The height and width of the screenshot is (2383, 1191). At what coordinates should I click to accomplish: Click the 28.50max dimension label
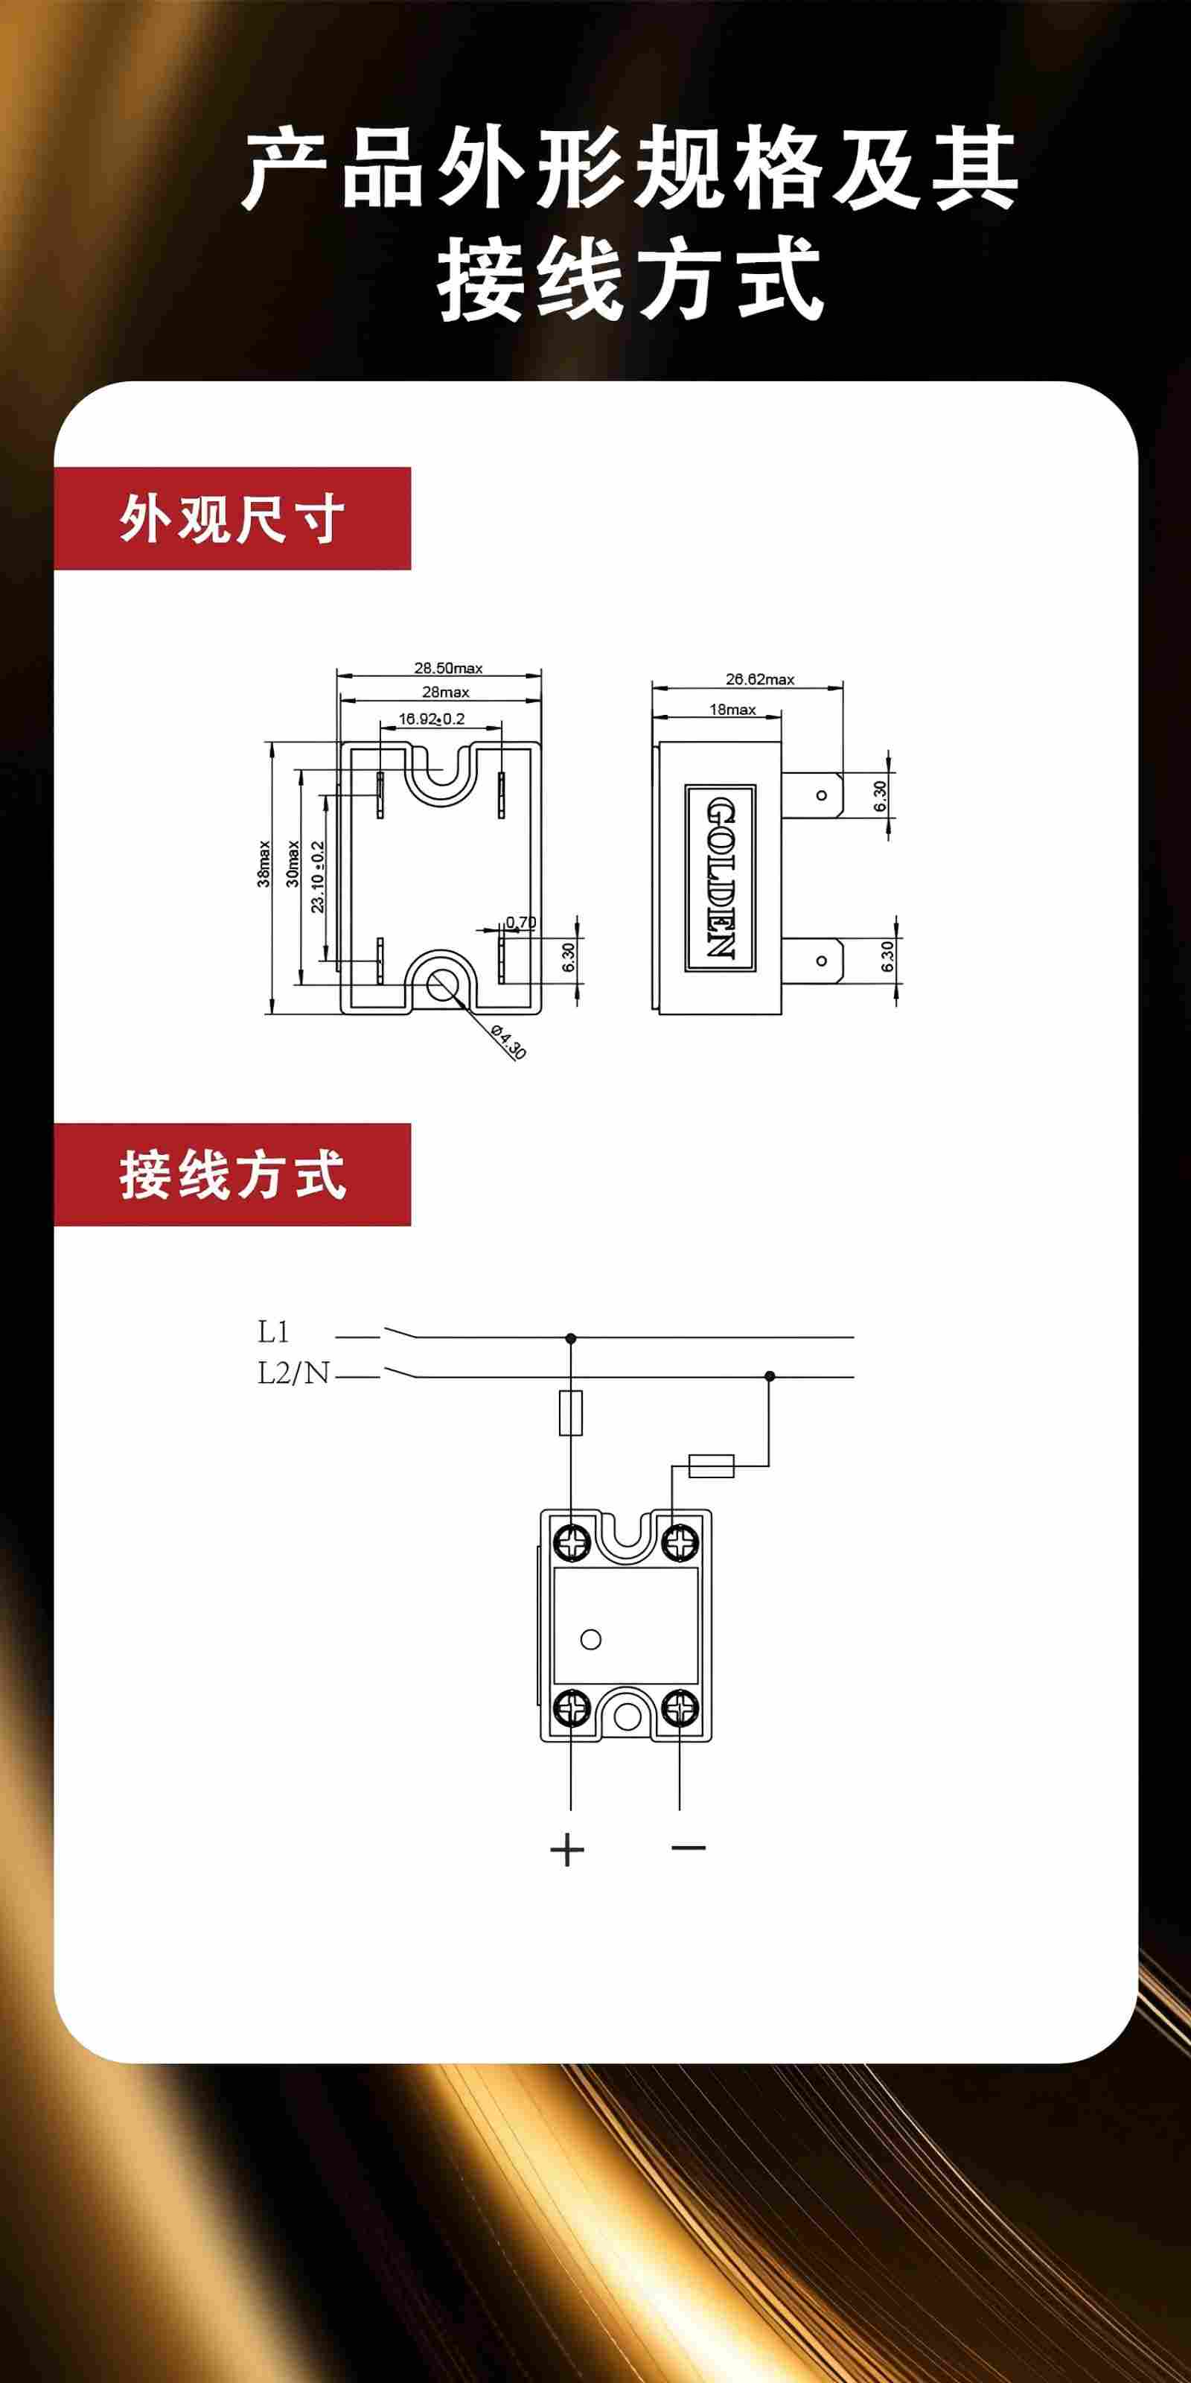coord(447,668)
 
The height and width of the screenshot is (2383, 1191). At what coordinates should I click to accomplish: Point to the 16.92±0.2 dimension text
coord(432,719)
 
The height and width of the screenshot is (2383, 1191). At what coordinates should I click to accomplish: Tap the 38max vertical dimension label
coord(264,864)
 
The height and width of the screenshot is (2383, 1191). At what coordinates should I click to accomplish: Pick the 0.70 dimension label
coord(520,923)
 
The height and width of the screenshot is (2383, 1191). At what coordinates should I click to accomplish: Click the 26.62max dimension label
coord(759,679)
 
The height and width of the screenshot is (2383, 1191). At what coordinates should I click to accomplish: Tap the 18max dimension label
coord(732,710)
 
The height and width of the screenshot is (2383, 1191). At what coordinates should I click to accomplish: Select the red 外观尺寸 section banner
coord(232,519)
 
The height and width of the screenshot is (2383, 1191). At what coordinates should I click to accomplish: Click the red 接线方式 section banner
coord(232,1175)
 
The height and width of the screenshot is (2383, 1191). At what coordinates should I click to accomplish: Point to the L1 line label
coord(274,1332)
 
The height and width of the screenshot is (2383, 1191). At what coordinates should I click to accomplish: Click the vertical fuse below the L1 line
coord(570,1413)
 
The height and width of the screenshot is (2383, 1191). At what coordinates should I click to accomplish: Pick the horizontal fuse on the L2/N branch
coord(711,1466)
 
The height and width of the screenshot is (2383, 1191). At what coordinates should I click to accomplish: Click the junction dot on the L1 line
coord(570,1337)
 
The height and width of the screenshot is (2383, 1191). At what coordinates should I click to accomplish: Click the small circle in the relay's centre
coord(591,1640)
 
